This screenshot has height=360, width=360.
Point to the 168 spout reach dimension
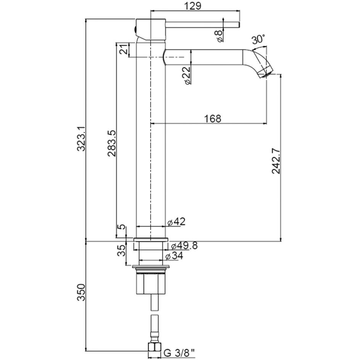click(x=213, y=119)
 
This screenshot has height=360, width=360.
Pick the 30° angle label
click(x=258, y=39)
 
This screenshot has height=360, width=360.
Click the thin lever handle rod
click(x=202, y=24)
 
